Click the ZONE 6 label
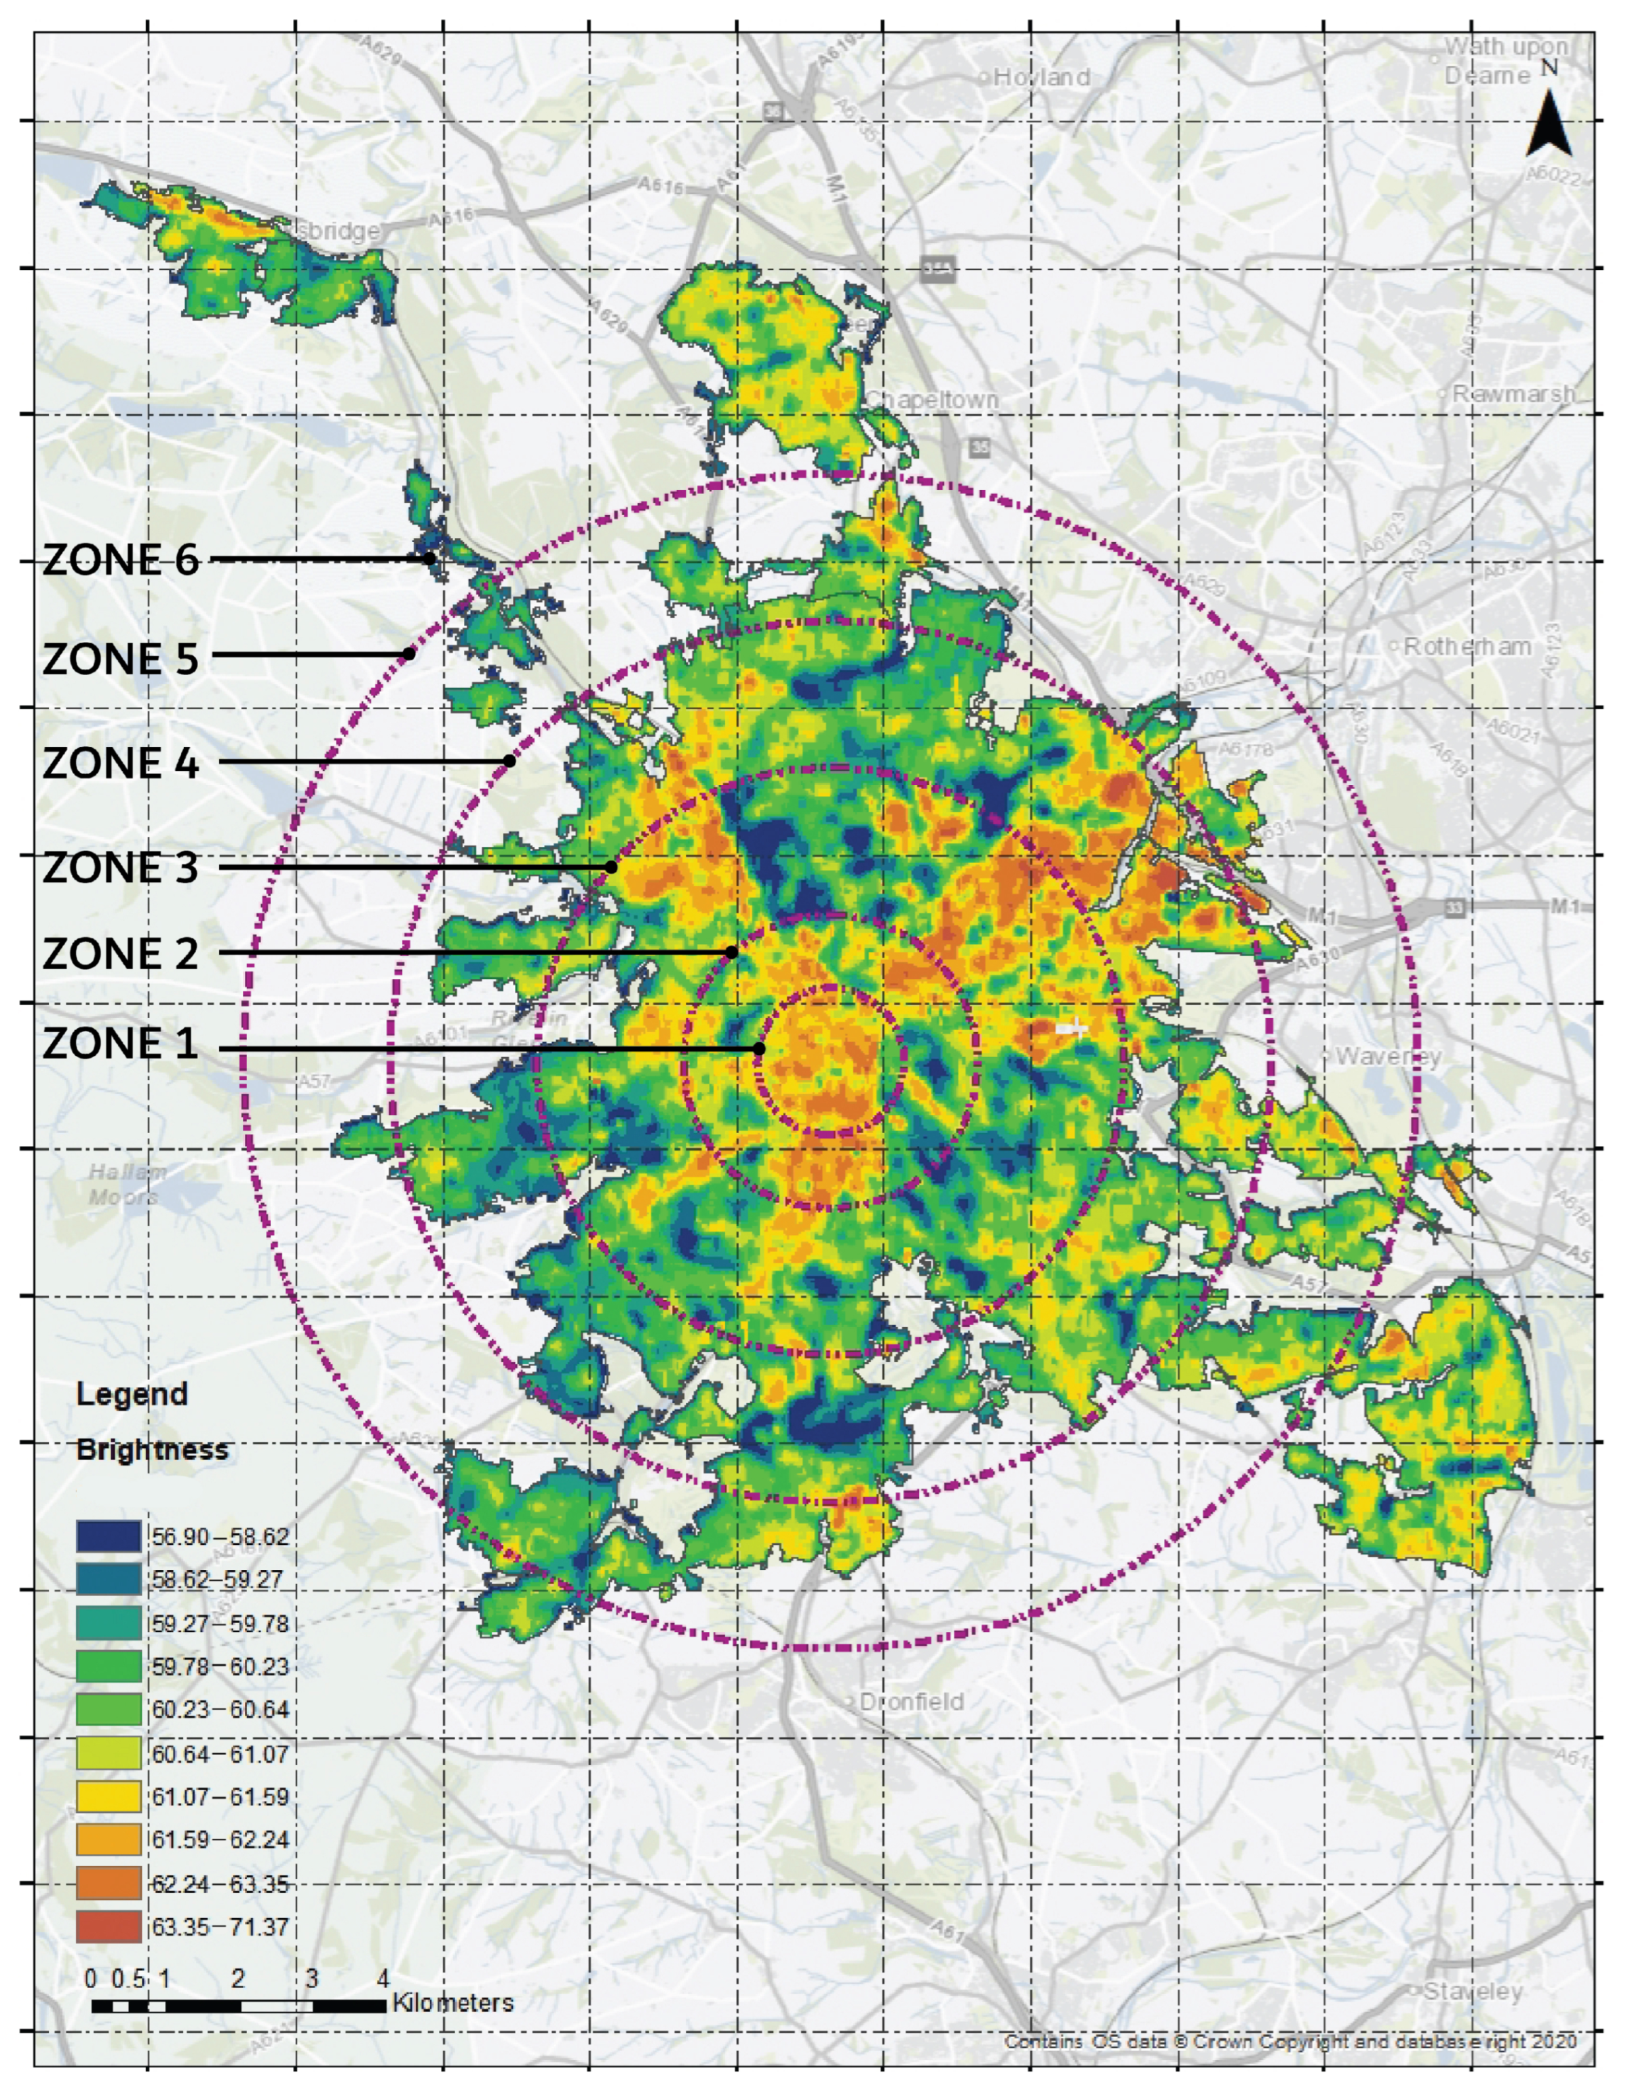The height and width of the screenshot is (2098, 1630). (x=121, y=560)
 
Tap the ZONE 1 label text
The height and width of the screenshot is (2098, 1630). (x=121, y=1044)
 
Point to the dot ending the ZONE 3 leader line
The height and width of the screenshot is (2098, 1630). (x=611, y=867)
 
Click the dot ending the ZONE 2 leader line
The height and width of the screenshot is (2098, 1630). (x=732, y=952)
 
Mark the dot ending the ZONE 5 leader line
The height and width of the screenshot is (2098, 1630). (x=409, y=654)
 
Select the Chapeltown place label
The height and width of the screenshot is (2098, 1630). (x=932, y=400)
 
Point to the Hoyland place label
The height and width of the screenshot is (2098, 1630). (x=1041, y=77)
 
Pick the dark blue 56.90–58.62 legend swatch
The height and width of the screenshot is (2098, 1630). (x=109, y=1536)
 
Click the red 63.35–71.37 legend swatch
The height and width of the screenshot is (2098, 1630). (x=109, y=1926)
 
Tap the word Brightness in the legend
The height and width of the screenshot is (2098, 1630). (x=152, y=1449)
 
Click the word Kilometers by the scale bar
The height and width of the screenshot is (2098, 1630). (x=452, y=2003)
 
